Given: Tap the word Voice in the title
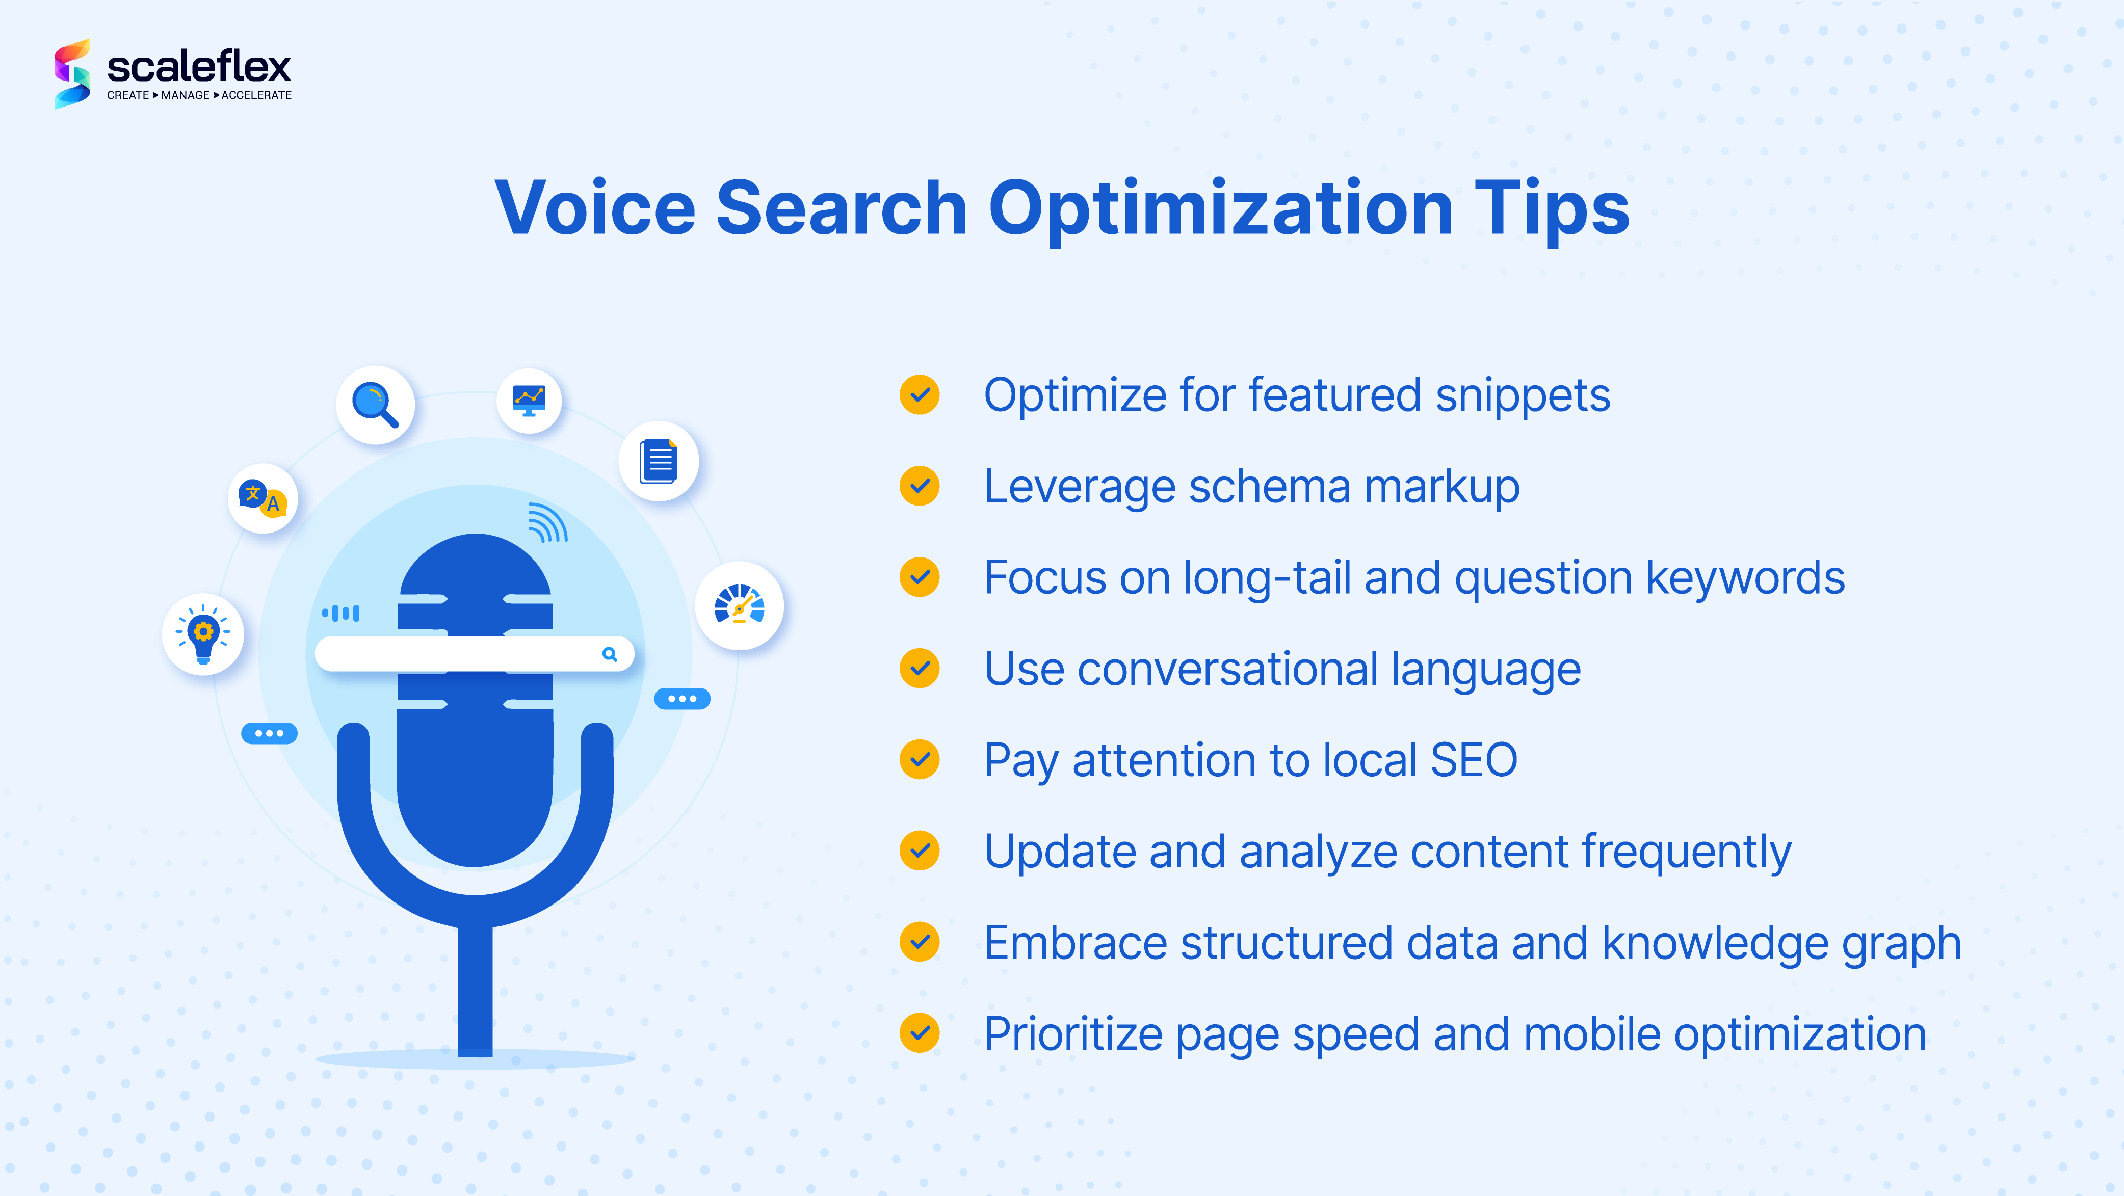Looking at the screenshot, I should (x=594, y=209).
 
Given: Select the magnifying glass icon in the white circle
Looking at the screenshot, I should (x=375, y=405).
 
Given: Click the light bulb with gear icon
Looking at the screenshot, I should (x=203, y=634).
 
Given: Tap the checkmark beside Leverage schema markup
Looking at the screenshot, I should (x=920, y=486).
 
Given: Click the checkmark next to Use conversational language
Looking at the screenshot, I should (x=920, y=669).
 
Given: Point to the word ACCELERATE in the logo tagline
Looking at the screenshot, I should (x=256, y=96).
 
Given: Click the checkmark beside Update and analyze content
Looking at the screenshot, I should (x=920, y=851).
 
